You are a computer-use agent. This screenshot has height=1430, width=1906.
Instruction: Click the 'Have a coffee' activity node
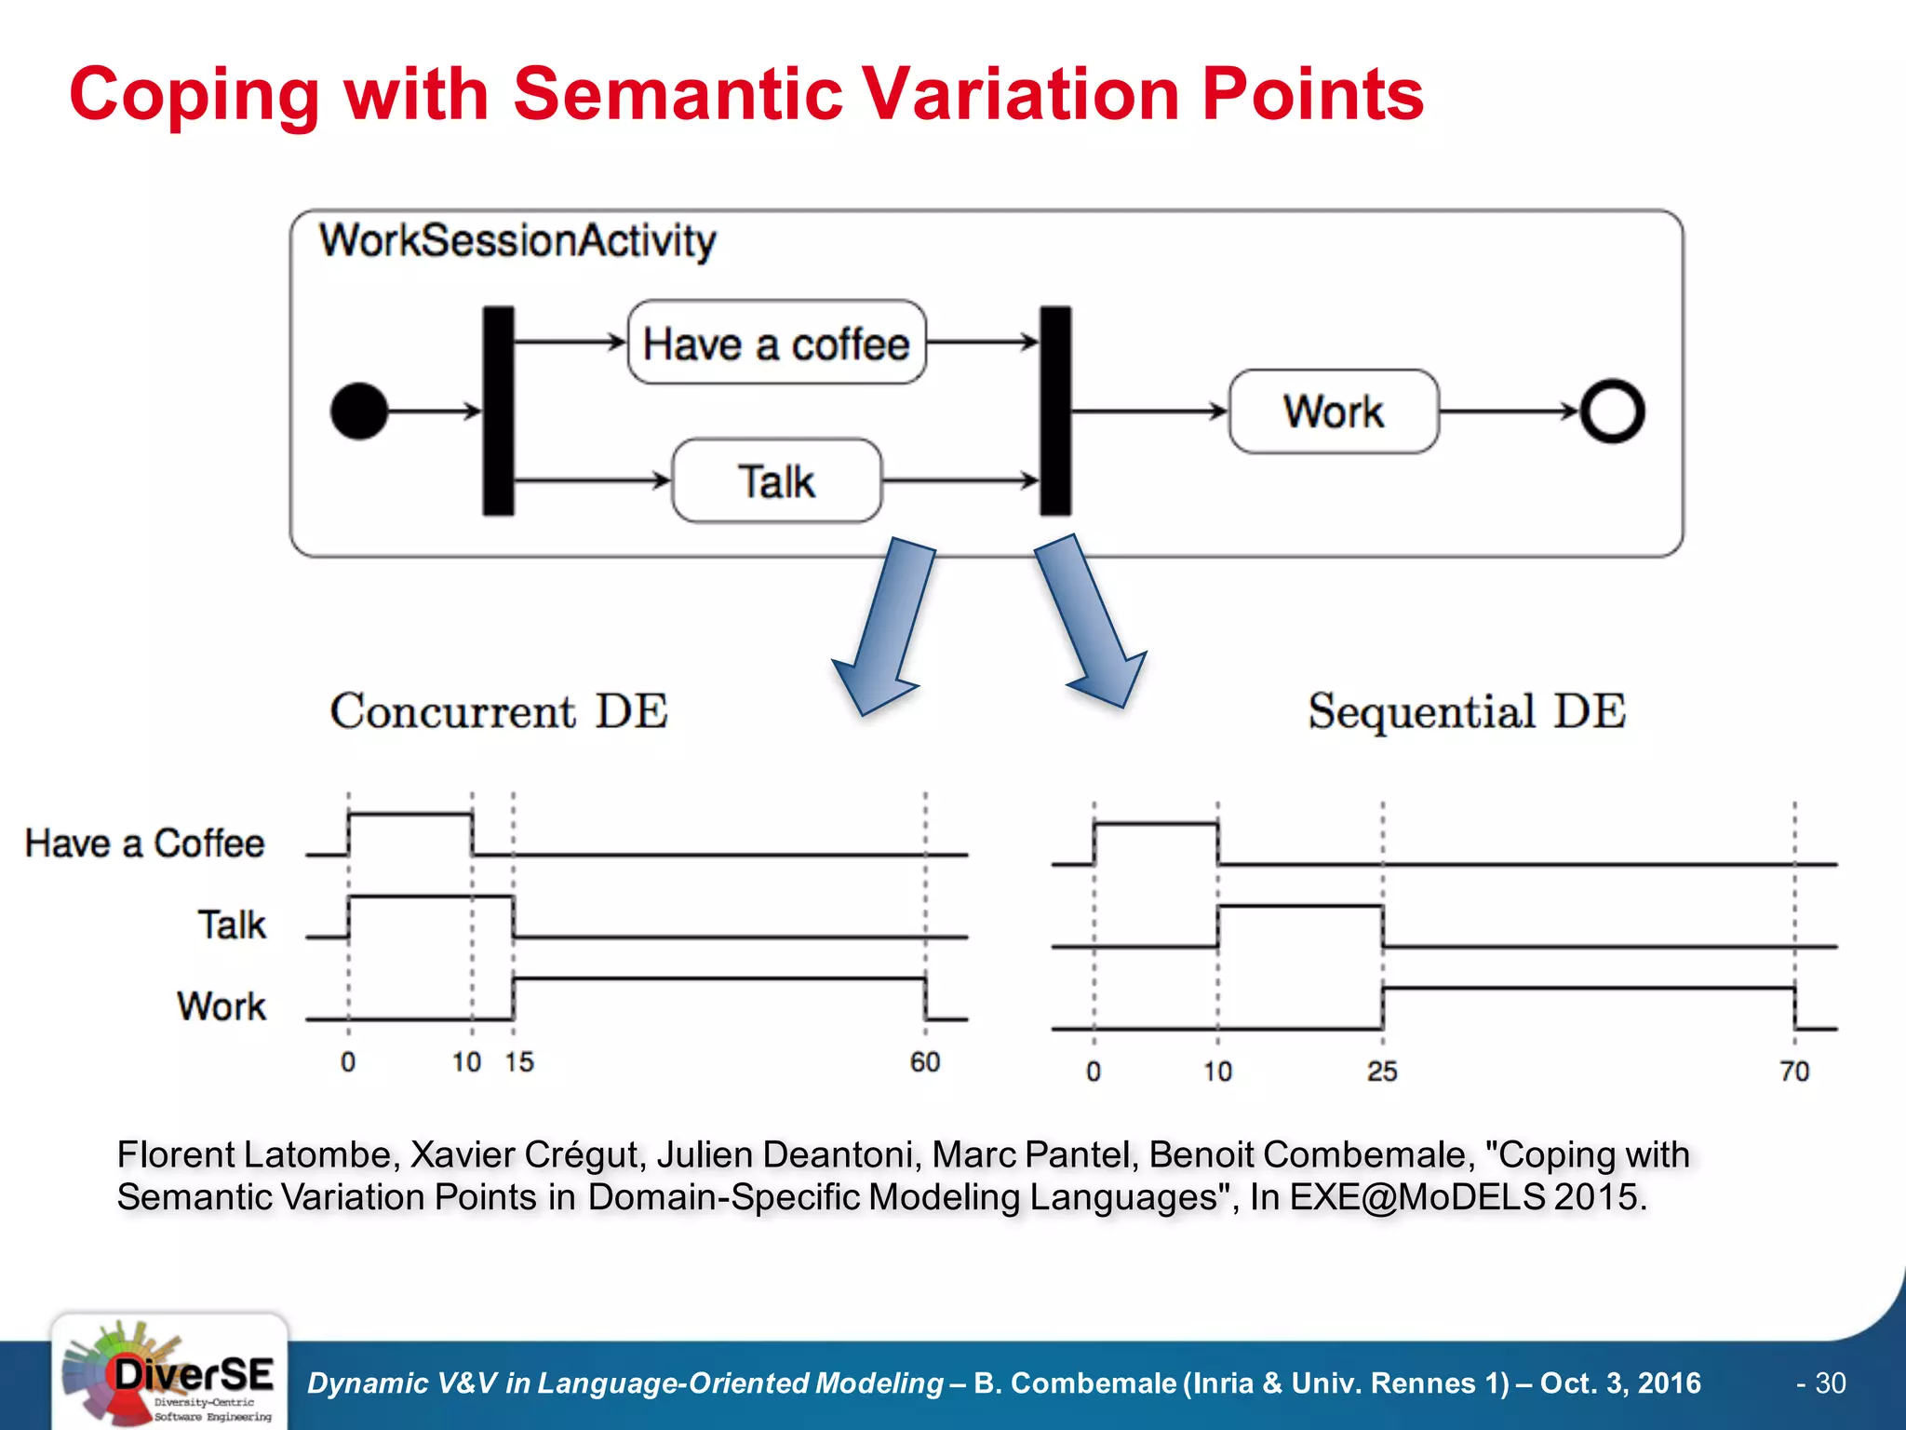tap(776, 343)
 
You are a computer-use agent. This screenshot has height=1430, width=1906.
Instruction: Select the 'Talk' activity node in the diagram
tap(776, 481)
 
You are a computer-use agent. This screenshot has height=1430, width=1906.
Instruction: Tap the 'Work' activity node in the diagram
tap(1333, 411)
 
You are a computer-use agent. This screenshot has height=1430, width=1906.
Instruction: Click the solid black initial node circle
tap(359, 411)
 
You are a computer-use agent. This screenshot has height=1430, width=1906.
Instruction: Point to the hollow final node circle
tap(1612, 411)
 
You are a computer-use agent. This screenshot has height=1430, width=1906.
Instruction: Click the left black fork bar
tap(498, 411)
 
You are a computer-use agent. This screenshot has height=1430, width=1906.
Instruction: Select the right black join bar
tap(1054, 411)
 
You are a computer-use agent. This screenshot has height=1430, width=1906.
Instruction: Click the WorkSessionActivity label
tap(517, 241)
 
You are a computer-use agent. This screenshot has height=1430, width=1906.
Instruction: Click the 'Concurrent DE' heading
tap(499, 711)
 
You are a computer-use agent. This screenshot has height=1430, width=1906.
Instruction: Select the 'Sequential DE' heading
tap(1467, 711)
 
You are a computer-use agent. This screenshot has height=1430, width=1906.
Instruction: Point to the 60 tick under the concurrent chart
tap(925, 1062)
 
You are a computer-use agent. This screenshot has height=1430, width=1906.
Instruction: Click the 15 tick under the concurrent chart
tap(519, 1062)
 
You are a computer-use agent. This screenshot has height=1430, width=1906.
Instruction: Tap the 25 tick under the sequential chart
tap(1382, 1072)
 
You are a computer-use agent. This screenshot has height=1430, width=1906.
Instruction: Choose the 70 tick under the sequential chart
tap(1794, 1072)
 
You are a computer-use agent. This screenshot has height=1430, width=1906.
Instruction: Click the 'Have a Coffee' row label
tap(144, 843)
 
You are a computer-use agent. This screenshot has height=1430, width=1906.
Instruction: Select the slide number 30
tap(1830, 1383)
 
